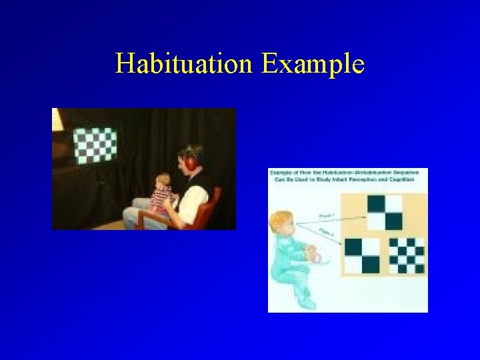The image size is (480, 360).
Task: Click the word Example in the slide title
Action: click(313, 65)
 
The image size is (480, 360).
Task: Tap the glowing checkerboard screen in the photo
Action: click(94, 145)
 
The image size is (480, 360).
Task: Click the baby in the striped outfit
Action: click(162, 194)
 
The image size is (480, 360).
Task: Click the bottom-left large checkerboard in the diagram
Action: click(361, 255)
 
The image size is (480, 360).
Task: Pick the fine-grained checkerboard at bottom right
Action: click(406, 255)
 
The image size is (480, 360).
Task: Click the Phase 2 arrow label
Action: click(326, 233)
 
